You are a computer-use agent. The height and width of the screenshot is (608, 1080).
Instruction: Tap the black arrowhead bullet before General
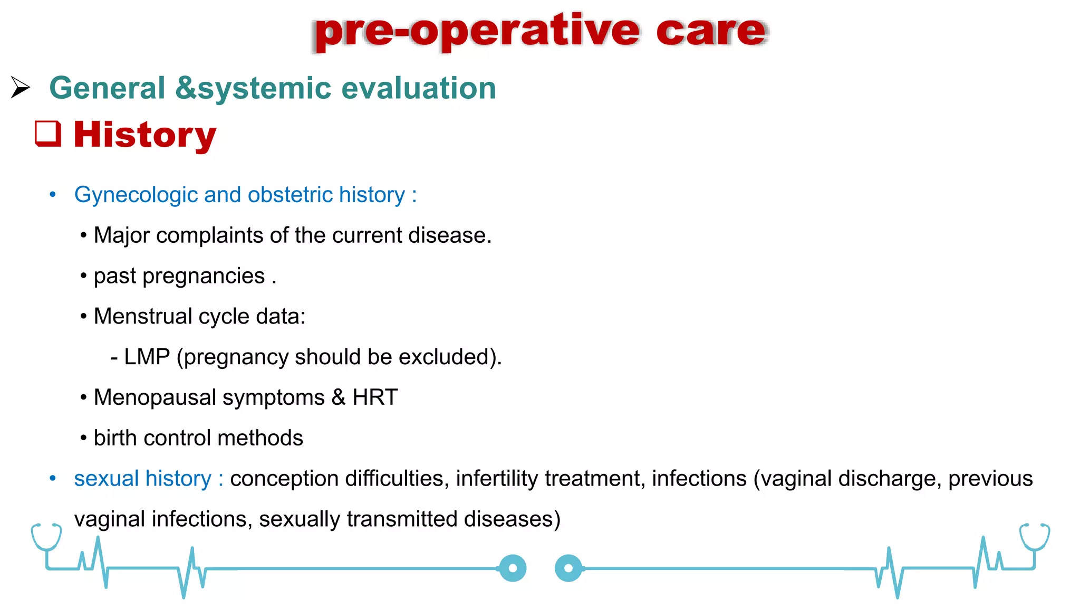coord(21,87)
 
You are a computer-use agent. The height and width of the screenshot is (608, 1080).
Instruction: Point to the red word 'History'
coord(144,135)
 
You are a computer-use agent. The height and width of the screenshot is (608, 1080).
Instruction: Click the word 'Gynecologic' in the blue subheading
coord(136,195)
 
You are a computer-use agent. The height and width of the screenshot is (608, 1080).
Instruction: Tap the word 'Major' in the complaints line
coord(121,235)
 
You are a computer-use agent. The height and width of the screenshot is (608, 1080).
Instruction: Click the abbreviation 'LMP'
coord(147,357)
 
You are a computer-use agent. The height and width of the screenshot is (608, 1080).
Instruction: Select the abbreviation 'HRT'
coord(375,397)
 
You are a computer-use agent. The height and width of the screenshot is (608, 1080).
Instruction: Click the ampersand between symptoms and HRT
coord(338,397)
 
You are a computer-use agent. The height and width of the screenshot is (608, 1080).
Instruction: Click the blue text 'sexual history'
coord(142,479)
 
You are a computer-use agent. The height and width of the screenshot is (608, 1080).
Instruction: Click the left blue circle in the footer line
coord(513,568)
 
